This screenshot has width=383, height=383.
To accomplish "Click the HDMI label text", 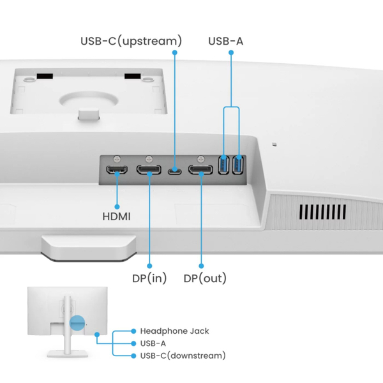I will (116, 216).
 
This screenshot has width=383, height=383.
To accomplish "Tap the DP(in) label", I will (148, 278).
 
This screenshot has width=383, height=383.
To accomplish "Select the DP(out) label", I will (205, 278).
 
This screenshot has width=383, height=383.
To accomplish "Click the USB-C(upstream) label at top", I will (131, 41).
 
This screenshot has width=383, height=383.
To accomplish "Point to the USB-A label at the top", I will (225, 41).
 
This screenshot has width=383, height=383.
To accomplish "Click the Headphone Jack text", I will (174, 331).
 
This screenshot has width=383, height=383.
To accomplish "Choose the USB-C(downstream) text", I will (183, 356).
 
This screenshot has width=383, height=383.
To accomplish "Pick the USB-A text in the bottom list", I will (153, 343).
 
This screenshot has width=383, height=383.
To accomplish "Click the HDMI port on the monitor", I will (117, 170).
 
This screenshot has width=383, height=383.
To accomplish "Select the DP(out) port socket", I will (200, 170).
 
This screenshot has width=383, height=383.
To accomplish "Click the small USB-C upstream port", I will (174, 170).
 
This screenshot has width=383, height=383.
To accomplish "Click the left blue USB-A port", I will (223, 165).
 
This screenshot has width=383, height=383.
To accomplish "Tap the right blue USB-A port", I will (238, 165).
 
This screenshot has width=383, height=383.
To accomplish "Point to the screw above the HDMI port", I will (117, 158).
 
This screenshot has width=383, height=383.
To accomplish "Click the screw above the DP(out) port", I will (200, 158).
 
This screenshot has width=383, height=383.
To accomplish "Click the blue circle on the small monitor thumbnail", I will (77, 324).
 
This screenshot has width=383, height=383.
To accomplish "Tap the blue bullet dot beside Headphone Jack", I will (133, 331).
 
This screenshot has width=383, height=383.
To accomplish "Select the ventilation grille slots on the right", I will (323, 211).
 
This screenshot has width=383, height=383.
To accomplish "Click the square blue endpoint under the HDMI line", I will (117, 206).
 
